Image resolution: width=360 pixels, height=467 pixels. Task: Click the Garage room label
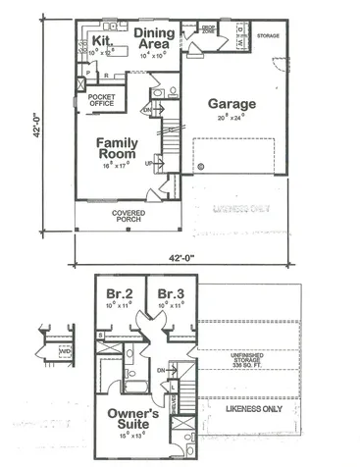[x=231, y=104]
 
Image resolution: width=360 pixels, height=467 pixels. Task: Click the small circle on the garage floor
[x=201, y=167]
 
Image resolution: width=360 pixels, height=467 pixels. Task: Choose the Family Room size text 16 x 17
[x=122, y=167]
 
